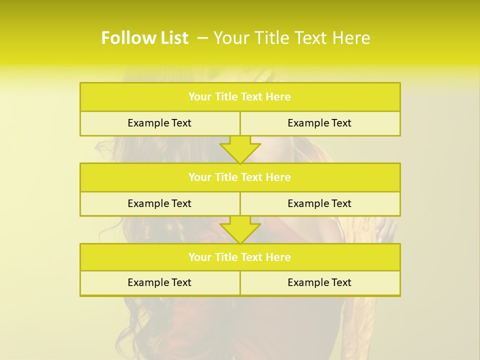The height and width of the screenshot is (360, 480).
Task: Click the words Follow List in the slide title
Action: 144,38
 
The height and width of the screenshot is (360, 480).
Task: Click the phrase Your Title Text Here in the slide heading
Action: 292,38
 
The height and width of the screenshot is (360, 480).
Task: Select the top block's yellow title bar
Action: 240,97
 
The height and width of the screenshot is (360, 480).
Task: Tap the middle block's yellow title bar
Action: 240,177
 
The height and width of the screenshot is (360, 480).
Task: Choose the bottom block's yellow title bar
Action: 240,257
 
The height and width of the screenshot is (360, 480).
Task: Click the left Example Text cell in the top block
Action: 160,123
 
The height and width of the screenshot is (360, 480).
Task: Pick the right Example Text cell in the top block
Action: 320,123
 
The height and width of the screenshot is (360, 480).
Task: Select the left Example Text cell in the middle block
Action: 160,203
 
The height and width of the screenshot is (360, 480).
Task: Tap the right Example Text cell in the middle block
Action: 320,203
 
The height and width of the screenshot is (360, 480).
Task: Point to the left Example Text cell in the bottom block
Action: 160,282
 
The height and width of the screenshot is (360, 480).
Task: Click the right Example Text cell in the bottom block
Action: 320,282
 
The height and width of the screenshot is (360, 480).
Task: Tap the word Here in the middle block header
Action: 278,177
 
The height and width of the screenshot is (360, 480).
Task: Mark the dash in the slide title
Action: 202,38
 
